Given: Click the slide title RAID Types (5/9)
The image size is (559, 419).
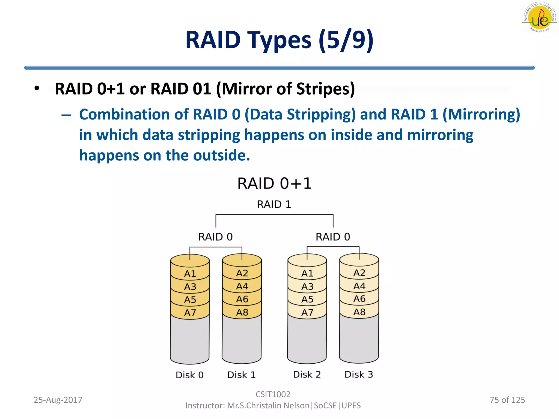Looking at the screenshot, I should [x=279, y=40].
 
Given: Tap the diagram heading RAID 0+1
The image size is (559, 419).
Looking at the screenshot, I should [x=274, y=183].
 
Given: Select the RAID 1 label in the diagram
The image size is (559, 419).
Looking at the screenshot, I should [x=274, y=204].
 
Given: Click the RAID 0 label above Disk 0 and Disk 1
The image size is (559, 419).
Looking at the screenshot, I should [x=215, y=237].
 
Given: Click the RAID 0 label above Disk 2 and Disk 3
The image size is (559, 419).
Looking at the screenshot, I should [x=333, y=237].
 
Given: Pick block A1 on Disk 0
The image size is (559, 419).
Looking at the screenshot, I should [x=190, y=274].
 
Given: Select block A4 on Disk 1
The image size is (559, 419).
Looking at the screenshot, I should [x=242, y=286].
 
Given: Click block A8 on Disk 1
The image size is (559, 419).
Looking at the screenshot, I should [x=242, y=312].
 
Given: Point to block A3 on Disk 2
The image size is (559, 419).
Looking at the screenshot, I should [x=307, y=286].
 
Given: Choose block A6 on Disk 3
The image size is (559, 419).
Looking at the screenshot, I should [x=359, y=299].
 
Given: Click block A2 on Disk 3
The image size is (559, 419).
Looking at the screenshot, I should [x=359, y=273].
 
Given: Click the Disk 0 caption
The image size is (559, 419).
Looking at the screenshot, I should [x=190, y=375].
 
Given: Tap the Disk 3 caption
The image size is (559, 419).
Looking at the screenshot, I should [x=359, y=375].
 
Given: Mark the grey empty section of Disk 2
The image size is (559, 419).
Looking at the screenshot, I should [x=307, y=340].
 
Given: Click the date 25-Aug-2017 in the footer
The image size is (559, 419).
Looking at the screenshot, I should [x=58, y=400].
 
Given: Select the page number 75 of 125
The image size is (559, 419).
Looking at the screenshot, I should [x=507, y=400].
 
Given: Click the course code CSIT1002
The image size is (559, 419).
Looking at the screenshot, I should [x=273, y=394].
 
